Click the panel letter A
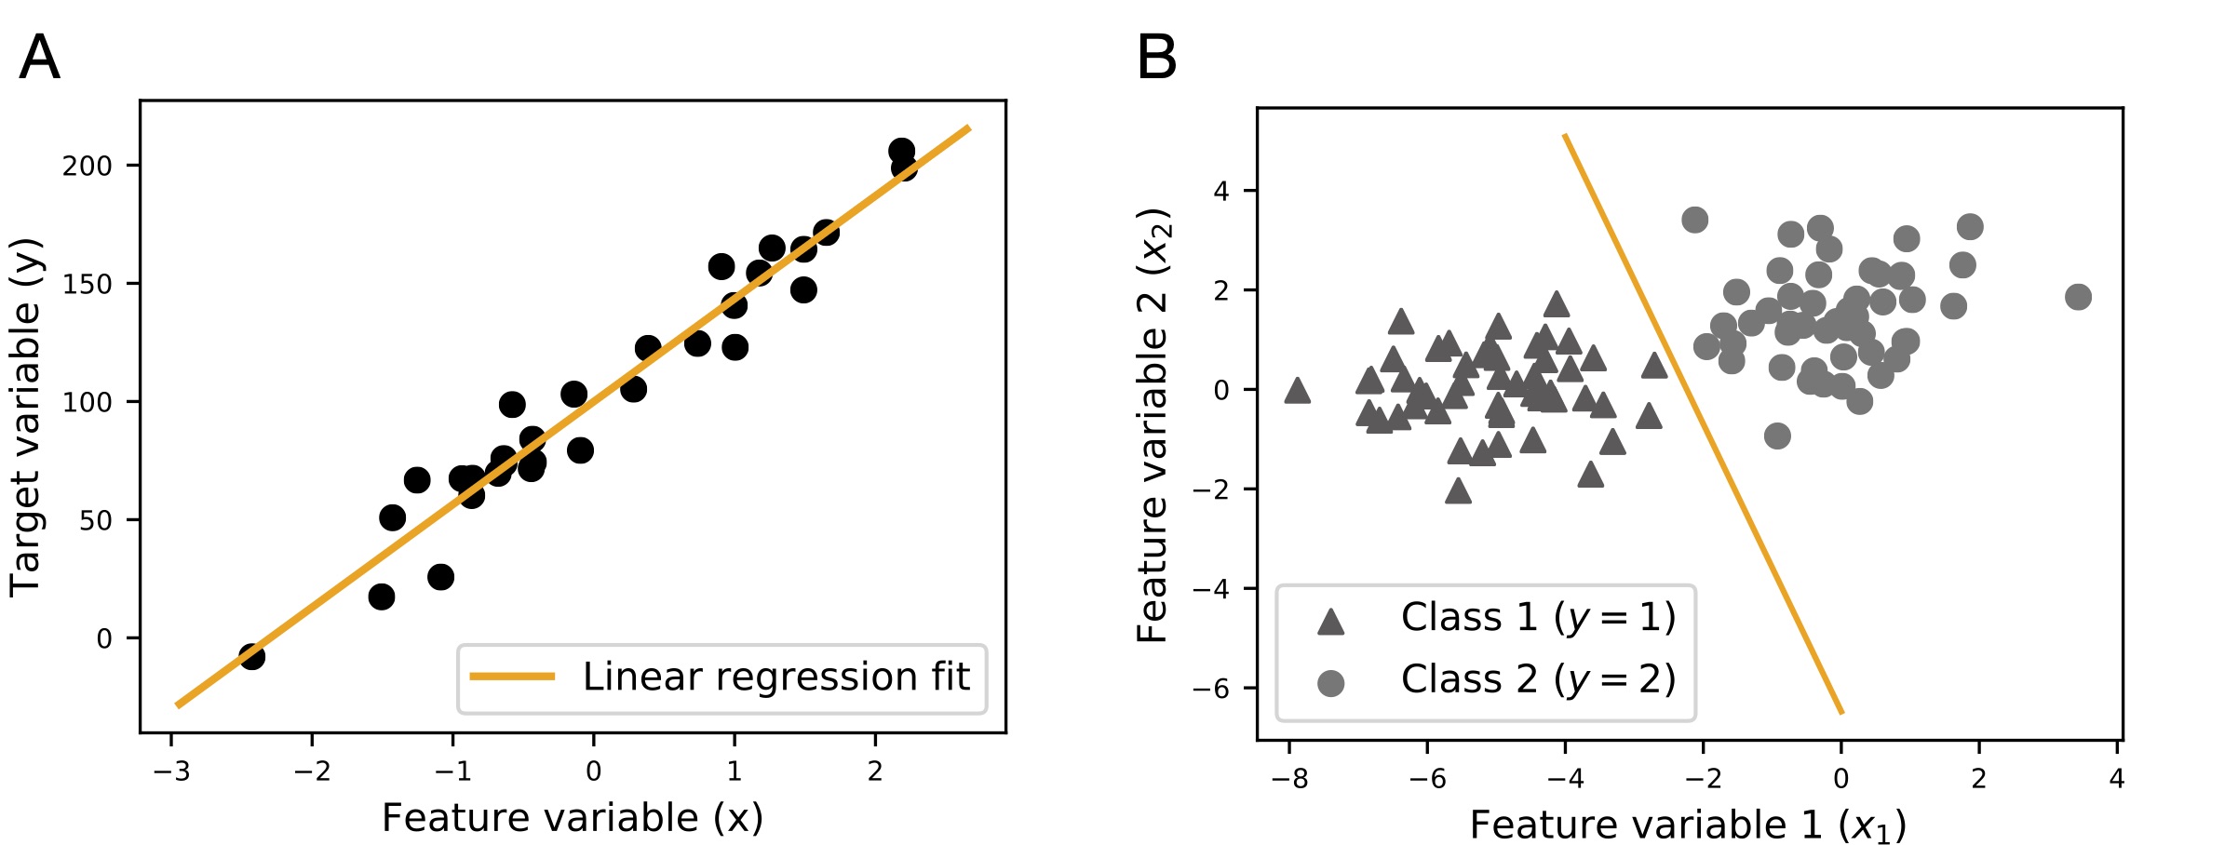[x=39, y=58]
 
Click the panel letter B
[x=1156, y=58]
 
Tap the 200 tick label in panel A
[x=87, y=167]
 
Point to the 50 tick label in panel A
[x=95, y=521]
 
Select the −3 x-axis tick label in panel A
[x=170, y=772]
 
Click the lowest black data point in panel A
[x=251, y=656]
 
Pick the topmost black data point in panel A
[x=901, y=151]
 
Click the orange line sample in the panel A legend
[x=512, y=677]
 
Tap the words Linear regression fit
[x=775, y=677]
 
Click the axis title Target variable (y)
[x=26, y=417]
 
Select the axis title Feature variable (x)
[x=573, y=818]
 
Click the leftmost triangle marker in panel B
[x=1297, y=391]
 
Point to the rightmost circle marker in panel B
[x=2078, y=297]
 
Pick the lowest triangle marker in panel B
[x=1459, y=491]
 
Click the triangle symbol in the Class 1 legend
[x=1331, y=622]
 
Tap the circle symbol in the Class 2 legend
[x=1331, y=684]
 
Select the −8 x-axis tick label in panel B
[x=1289, y=780]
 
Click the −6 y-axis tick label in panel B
[x=1211, y=690]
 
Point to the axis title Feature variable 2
[x=1153, y=424]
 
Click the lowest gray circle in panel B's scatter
[x=1777, y=436]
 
